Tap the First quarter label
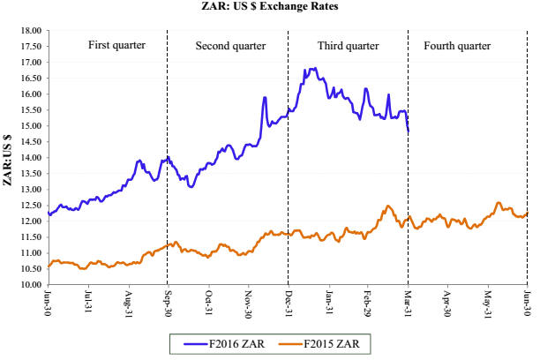tap(116, 45)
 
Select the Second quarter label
tap(229, 45)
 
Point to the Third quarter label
tap(347, 45)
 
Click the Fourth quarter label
tap(463, 45)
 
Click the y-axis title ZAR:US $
tap(8, 158)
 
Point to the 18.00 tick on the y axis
tap(31, 30)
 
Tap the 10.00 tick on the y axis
tap(31, 285)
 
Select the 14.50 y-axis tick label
tap(31, 141)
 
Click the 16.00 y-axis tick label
tap(31, 94)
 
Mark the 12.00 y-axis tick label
tap(31, 221)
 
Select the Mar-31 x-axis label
tap(409, 300)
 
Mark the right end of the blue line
tap(408, 131)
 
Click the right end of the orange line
tap(528, 212)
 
